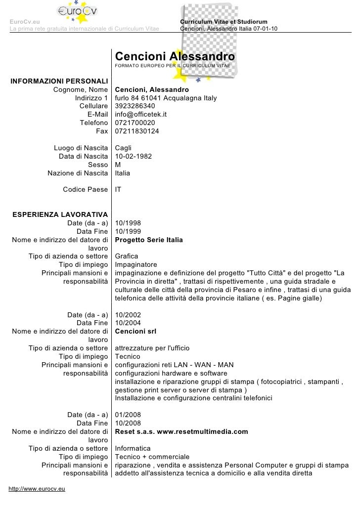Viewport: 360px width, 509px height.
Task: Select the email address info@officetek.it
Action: pyautogui.click(x=141, y=114)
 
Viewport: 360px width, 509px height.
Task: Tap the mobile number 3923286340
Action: pyautogui.click(x=135, y=106)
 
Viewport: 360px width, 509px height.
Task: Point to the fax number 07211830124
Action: pyautogui.click(x=137, y=131)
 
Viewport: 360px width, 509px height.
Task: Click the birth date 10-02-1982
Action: pyautogui.click(x=133, y=157)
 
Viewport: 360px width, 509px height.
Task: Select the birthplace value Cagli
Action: pyautogui.click(x=124, y=148)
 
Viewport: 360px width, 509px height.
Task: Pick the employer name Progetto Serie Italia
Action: pyautogui.click(x=149, y=240)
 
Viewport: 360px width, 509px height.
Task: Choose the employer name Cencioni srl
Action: pyautogui.click(x=135, y=331)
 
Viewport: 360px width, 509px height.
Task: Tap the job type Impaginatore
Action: pyautogui.click(x=136, y=265)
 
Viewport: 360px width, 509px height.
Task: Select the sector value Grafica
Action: pyautogui.click(x=126, y=256)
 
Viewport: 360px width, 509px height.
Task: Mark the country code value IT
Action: pyautogui.click(x=119, y=189)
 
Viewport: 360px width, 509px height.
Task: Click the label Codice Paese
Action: pyautogui.click(x=85, y=189)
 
